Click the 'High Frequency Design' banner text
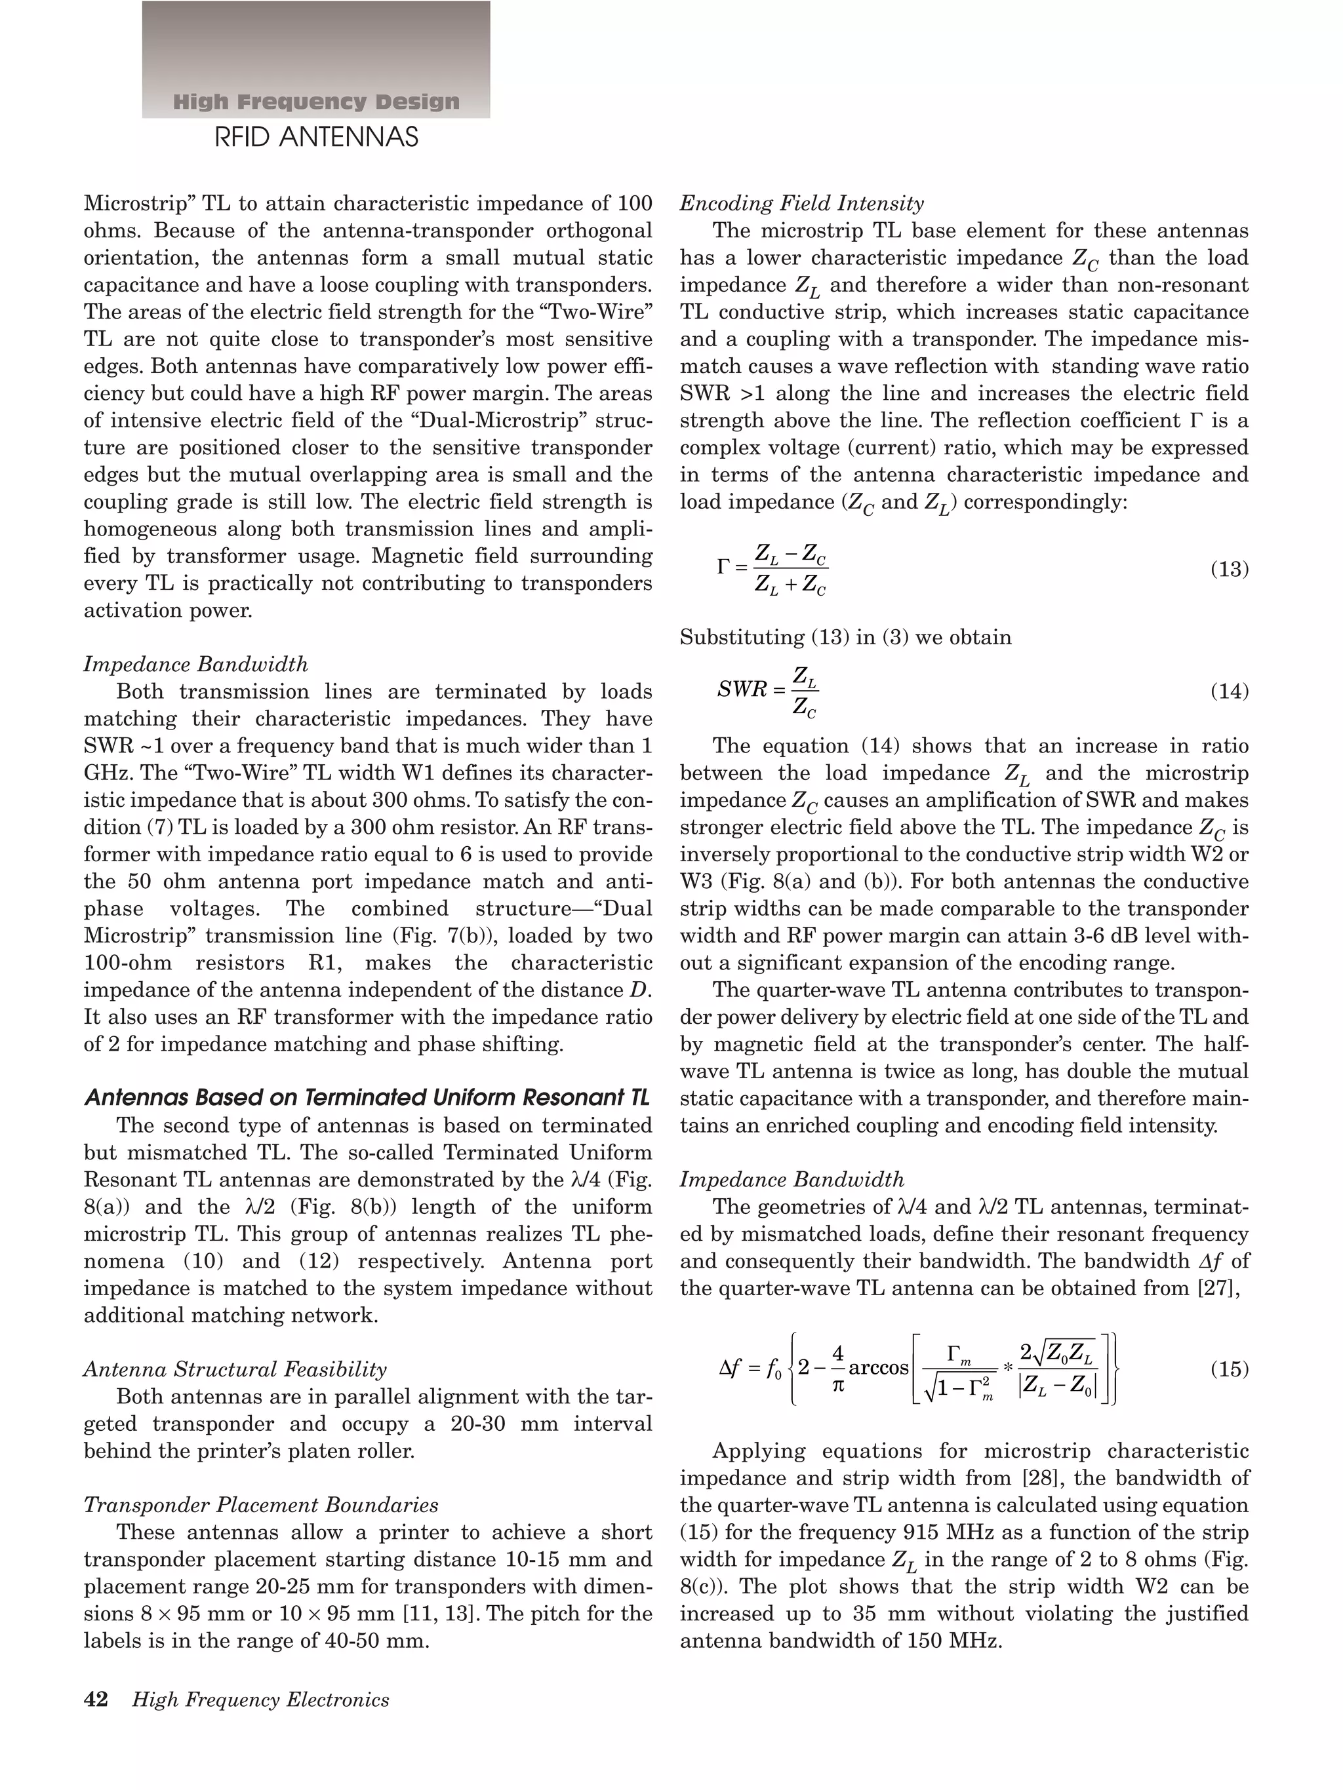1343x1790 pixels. pyautogui.click(x=315, y=102)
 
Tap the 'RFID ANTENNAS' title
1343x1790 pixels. pyautogui.click(x=315, y=138)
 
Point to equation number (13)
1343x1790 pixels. pyautogui.click(x=1229, y=570)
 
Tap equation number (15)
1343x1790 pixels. pyautogui.click(x=1229, y=1369)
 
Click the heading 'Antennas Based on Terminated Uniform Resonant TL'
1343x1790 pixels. pyautogui.click(x=367, y=1098)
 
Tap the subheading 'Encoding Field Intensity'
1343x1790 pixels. pyautogui.click(x=801, y=203)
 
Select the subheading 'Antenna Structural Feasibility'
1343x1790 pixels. pyautogui.click(x=235, y=1369)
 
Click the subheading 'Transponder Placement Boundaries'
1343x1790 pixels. pyautogui.click(x=261, y=1505)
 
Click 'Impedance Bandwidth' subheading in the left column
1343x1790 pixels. pyautogui.click(x=196, y=665)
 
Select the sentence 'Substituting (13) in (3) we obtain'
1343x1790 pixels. pyautogui.click(x=845, y=637)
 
